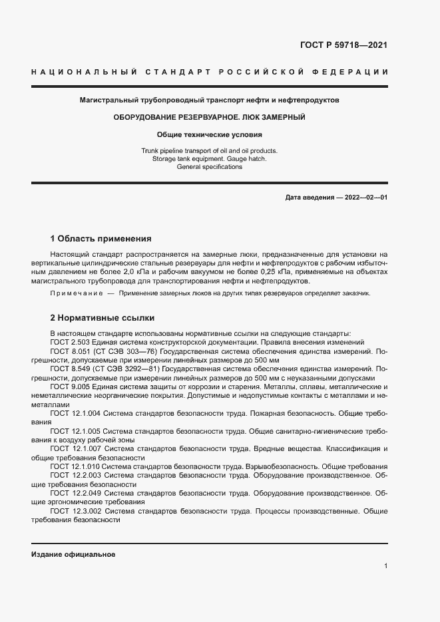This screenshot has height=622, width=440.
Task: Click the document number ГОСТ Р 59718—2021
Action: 344,45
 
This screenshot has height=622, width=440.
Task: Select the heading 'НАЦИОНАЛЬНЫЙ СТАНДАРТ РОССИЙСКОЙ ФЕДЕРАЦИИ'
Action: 210,72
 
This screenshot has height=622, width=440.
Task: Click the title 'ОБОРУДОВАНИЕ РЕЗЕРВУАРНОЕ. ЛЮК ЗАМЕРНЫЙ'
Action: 210,117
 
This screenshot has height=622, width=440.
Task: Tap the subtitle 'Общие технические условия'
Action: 210,134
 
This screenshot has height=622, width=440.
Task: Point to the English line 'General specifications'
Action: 210,167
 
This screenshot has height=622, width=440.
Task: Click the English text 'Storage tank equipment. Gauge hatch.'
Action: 210,159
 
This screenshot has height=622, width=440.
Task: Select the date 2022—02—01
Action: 364,198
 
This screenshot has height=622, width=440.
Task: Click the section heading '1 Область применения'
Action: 101,238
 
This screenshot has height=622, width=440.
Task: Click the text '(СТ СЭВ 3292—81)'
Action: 128,369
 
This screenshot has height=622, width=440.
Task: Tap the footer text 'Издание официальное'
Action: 73,554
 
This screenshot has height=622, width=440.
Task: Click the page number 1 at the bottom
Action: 385,566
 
